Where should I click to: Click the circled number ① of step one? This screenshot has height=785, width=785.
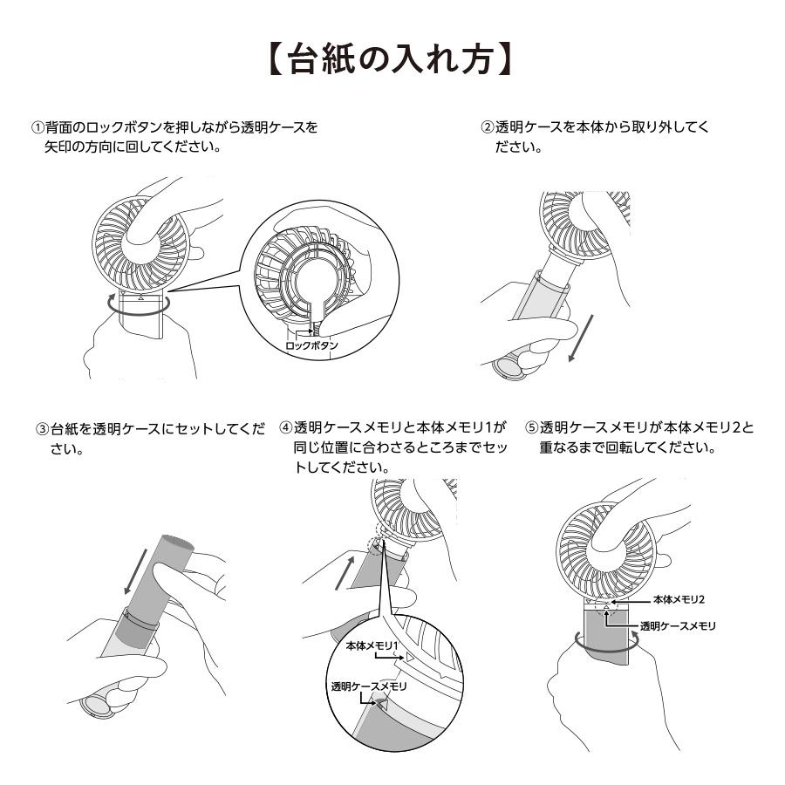click(38, 127)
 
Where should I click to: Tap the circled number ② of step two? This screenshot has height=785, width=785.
click(488, 127)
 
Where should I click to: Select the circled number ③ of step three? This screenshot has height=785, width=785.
click(42, 428)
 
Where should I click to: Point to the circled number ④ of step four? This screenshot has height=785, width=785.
click(285, 428)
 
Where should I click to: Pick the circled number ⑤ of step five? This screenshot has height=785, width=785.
click(531, 428)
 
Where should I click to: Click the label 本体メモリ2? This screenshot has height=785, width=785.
click(679, 601)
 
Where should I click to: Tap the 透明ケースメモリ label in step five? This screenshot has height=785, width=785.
click(678, 625)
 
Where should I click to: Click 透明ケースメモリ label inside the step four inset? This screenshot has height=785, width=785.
click(369, 686)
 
